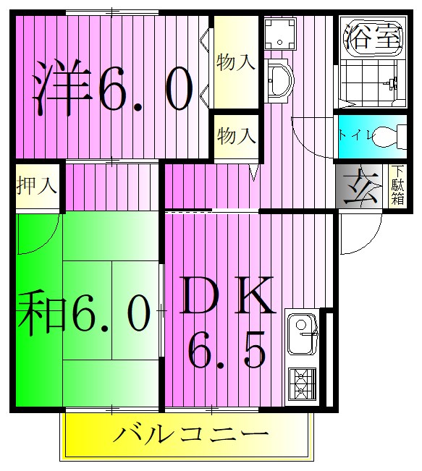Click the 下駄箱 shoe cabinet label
tap(397, 186)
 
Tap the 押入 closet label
tap(36, 186)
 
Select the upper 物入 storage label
tap(236, 61)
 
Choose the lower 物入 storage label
tap(236, 135)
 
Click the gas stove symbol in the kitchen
tap(300, 383)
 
